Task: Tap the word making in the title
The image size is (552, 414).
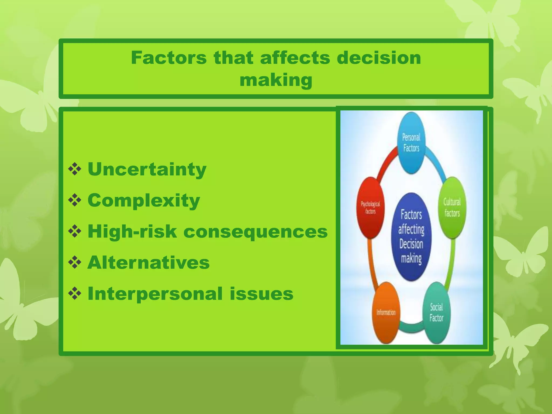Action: click(x=276, y=80)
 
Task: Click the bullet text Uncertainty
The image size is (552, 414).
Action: click(x=147, y=169)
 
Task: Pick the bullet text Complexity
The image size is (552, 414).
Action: click(x=144, y=201)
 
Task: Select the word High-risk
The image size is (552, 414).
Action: click(x=132, y=232)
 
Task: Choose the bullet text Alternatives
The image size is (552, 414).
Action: click(x=149, y=263)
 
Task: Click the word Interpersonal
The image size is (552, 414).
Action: click(x=155, y=294)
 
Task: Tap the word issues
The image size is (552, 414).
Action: click(x=261, y=294)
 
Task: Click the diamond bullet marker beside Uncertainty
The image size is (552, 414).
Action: click(x=75, y=170)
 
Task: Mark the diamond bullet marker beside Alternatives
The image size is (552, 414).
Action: click(x=75, y=263)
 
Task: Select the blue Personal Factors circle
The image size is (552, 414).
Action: click(x=411, y=143)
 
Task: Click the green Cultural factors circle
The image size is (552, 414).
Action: click(x=452, y=208)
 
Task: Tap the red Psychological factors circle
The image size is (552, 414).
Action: click(x=370, y=208)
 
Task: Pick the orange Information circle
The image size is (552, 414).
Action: click(x=386, y=313)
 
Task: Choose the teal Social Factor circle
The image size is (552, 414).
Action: click(x=436, y=313)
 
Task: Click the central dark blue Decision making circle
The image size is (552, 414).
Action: click(x=411, y=237)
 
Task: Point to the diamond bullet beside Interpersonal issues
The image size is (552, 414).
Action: click(x=75, y=294)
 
